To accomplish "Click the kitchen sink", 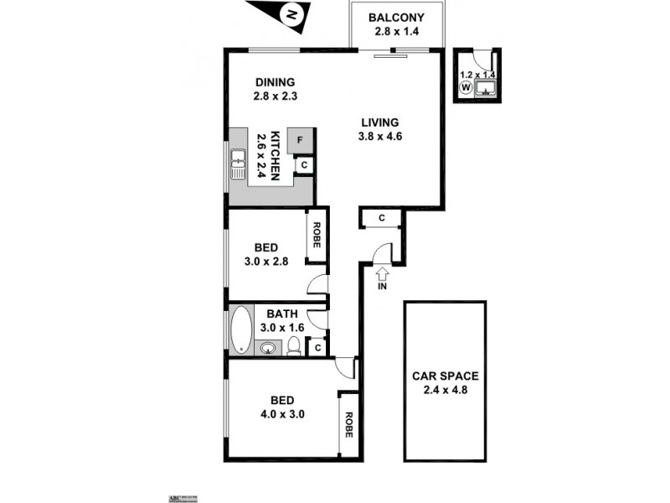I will [x=238, y=163].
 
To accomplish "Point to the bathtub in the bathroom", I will [x=241, y=329].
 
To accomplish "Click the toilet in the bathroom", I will [x=294, y=347].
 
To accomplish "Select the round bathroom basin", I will [x=268, y=348].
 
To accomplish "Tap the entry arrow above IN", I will [x=383, y=272].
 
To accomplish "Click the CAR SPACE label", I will [x=446, y=376].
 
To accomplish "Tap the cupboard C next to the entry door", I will [x=381, y=218].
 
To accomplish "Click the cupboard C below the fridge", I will [x=304, y=165].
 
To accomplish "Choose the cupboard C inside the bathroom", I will [x=317, y=347].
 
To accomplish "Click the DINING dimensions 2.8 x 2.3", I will [x=276, y=96].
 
